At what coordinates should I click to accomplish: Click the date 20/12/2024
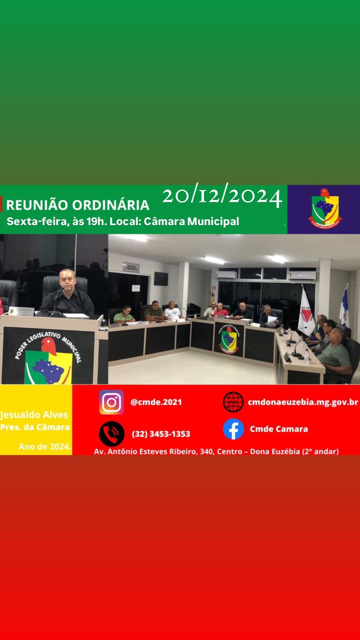(x=222, y=196)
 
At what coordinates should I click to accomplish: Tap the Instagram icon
(x=111, y=402)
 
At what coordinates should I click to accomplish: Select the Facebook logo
(x=233, y=429)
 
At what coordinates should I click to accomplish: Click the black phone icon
(x=111, y=434)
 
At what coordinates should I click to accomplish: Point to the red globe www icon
(x=233, y=402)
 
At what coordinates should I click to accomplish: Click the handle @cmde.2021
(x=156, y=402)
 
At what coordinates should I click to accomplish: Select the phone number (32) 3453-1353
(x=161, y=434)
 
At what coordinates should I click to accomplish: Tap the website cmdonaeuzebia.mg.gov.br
(x=303, y=402)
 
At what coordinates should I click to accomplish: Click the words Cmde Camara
(x=279, y=429)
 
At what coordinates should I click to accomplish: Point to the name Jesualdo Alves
(x=34, y=415)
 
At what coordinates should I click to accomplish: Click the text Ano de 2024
(x=45, y=446)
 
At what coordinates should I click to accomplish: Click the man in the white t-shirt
(x=172, y=311)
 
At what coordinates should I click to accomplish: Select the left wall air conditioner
(x=226, y=275)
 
